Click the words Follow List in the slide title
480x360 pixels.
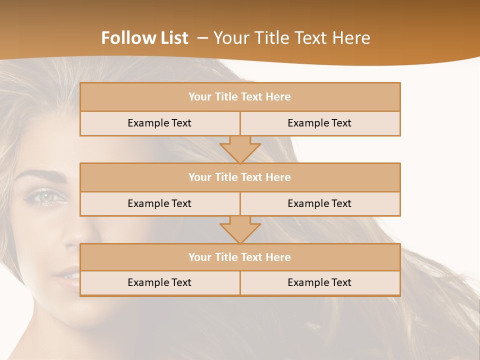[x=144, y=38]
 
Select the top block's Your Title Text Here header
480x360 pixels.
[x=239, y=97]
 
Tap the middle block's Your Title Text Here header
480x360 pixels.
[x=239, y=177]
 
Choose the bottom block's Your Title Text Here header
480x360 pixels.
[x=239, y=257]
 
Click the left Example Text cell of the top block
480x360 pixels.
[x=159, y=123]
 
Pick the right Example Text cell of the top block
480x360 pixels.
[x=319, y=123]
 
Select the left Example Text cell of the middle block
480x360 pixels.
[x=159, y=203]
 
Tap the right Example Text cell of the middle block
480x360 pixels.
[x=319, y=203]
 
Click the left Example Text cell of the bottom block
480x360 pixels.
[x=159, y=282]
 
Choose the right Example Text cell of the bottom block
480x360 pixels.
[x=319, y=282]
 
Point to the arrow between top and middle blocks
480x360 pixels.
[x=240, y=149]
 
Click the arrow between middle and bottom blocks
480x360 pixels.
[x=240, y=230]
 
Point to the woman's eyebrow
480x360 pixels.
[x=45, y=175]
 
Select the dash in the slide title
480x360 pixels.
[x=202, y=38]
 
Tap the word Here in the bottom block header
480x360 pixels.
[x=278, y=257]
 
